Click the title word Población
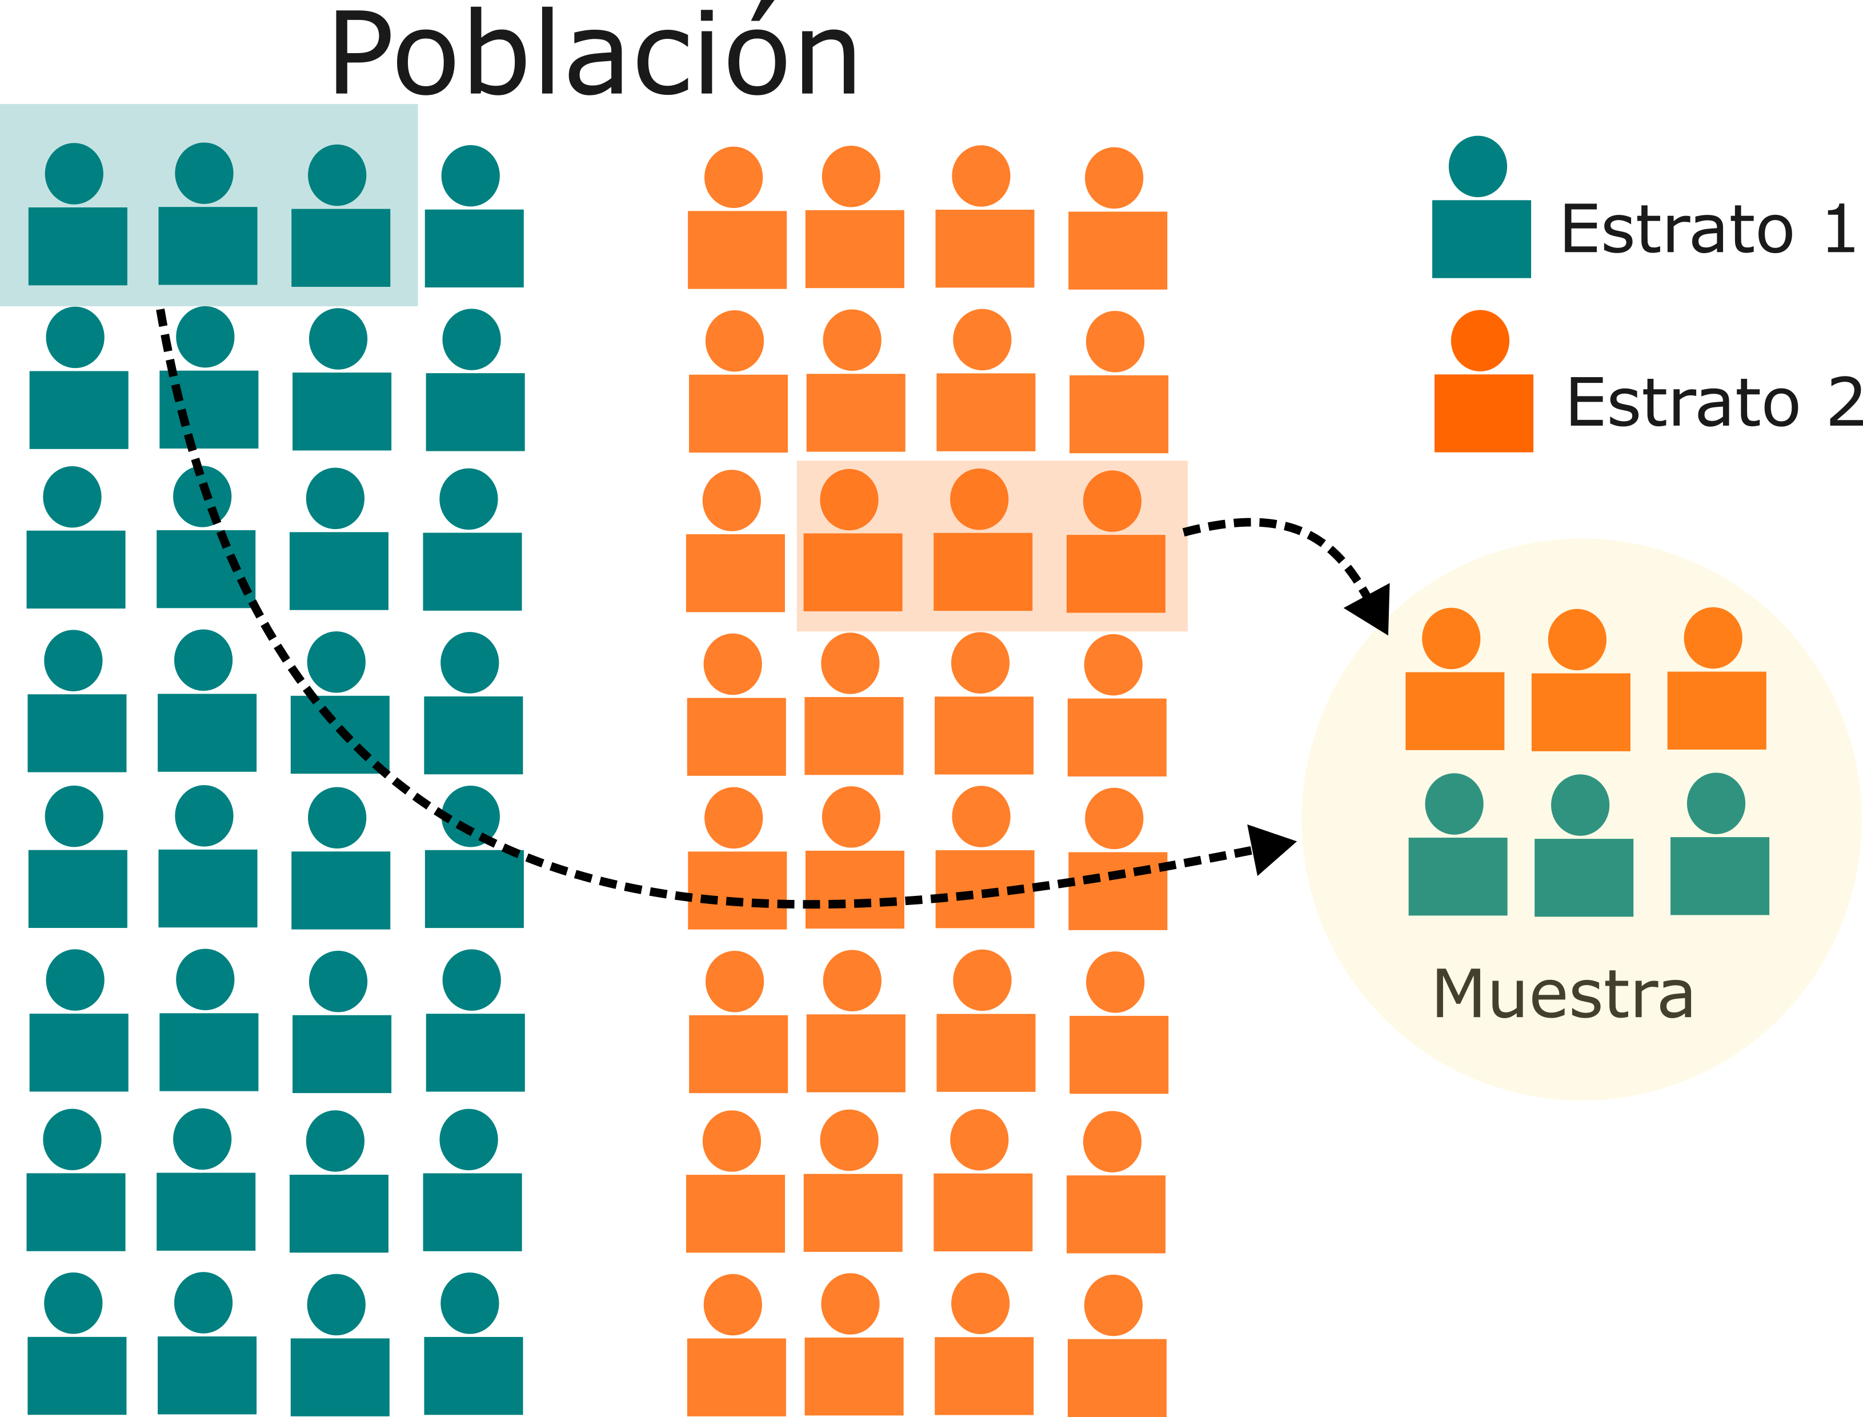(x=595, y=55)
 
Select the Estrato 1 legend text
(x=1708, y=230)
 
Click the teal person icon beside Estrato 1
(x=1480, y=211)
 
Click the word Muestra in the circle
(x=1562, y=994)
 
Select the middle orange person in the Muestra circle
(x=1580, y=683)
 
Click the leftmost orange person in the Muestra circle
(x=1454, y=682)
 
